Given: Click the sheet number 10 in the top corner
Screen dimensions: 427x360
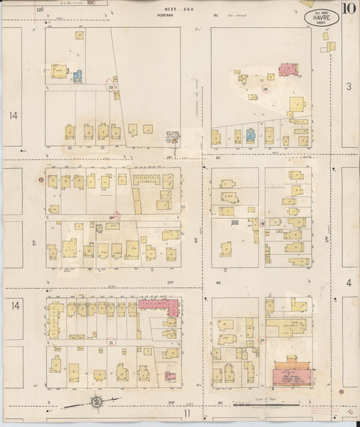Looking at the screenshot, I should pos(349,9).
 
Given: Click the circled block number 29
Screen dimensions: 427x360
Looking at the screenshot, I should pos(110,87).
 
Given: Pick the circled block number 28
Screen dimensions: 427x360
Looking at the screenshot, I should pos(265,89).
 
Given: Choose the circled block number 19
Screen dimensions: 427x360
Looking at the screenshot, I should pos(261,223).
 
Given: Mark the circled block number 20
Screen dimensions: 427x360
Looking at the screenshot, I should pos(261,340).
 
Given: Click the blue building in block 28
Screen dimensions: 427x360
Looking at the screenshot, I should pos(250,134).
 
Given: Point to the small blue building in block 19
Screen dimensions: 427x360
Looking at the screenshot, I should pos(234,222).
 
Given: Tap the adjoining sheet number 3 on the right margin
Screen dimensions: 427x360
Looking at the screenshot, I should pos(349,86).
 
